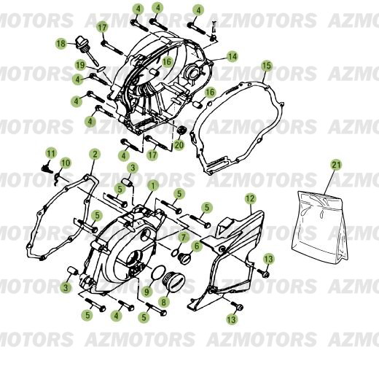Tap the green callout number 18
tap(61, 44)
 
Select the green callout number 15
tap(266, 66)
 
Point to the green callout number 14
tap(232, 56)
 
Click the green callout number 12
tap(249, 198)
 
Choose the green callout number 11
tap(51, 152)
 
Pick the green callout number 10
tap(65, 162)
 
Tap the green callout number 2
tap(94, 154)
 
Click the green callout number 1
tap(152, 186)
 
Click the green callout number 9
tap(146, 292)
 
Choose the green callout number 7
tap(184, 238)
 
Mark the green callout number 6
tap(196, 246)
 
